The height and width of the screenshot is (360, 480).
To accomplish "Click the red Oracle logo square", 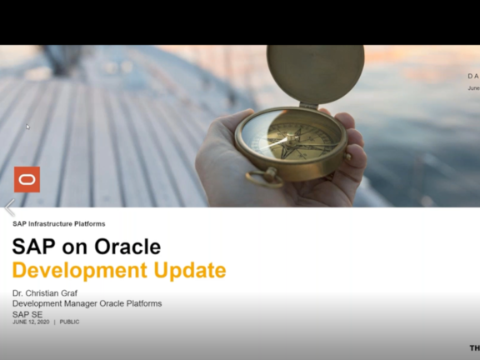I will [27, 179].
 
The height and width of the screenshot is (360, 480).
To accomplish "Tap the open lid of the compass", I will [315, 73].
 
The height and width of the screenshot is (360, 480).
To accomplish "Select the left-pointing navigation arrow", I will [9, 207].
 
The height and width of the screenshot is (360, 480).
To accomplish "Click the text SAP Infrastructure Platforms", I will [58, 223].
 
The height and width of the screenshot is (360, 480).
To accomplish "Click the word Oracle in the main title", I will [124, 247].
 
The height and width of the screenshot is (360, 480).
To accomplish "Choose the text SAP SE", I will [27, 313].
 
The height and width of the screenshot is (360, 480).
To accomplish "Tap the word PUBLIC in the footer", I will [69, 322].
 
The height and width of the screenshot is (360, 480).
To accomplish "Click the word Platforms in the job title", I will [143, 303].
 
